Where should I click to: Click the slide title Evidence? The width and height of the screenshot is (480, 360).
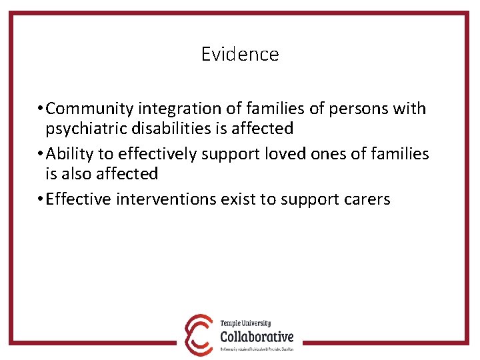coord(240,54)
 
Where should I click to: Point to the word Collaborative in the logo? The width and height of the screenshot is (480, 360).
coord(257,337)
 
